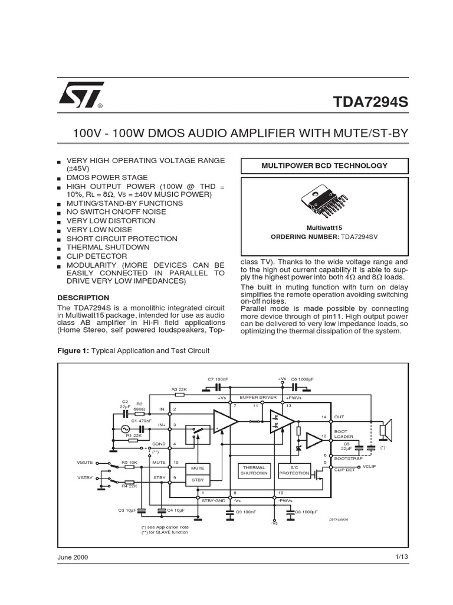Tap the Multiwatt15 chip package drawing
(x=325, y=200)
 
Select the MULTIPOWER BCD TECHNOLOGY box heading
(x=324, y=165)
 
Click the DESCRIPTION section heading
(x=83, y=298)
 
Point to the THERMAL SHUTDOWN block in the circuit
(x=254, y=470)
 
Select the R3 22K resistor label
(x=179, y=389)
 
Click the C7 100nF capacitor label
(x=218, y=379)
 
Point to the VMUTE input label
(x=85, y=463)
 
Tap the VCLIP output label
(x=370, y=467)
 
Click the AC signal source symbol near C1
(x=125, y=430)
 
